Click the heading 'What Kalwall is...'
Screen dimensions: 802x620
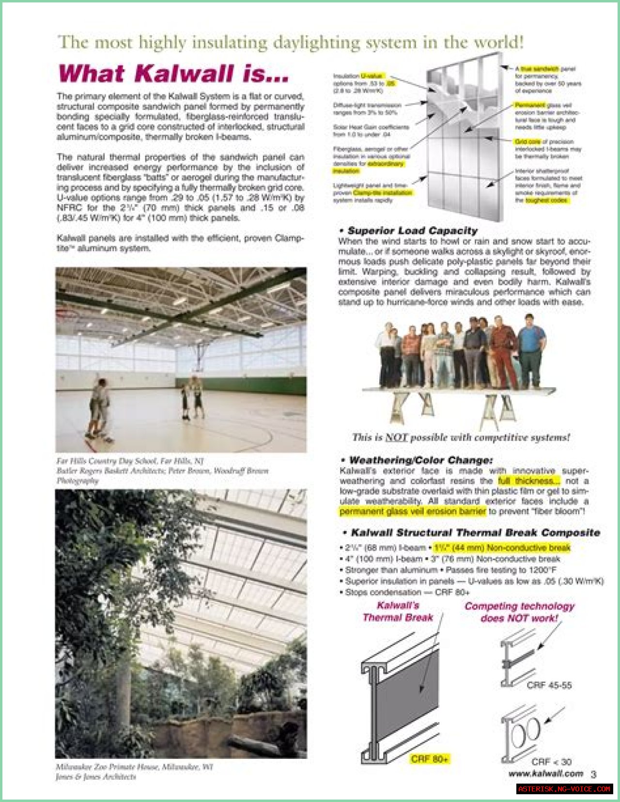pos(173,74)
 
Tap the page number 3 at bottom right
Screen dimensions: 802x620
pos(594,774)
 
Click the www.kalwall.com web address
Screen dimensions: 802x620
pos(545,773)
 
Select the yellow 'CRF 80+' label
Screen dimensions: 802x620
pos(429,759)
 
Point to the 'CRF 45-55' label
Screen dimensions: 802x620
pos(549,685)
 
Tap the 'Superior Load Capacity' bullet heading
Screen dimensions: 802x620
pos(412,231)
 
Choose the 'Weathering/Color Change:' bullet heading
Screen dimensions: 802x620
pos(420,460)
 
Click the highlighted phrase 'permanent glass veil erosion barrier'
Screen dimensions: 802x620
pos(412,511)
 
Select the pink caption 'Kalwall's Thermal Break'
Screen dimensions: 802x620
pos(398,612)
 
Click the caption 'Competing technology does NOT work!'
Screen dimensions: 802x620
pos(519,612)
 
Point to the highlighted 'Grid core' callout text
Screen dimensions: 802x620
pos(527,142)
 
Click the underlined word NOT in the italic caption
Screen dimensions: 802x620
pos(396,437)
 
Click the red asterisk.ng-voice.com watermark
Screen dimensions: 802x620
pos(564,789)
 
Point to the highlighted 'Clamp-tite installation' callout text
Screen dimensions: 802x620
pos(383,193)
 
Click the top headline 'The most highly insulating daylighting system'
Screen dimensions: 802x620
pos(291,42)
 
